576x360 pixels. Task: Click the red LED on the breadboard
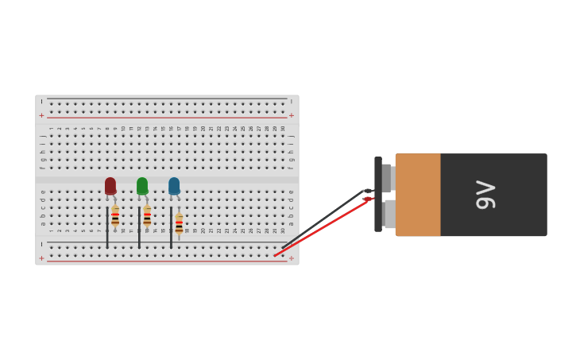[x=110, y=186]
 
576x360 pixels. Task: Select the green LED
[x=142, y=186]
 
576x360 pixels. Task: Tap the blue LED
[x=174, y=186]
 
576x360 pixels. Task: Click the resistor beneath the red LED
[x=115, y=216]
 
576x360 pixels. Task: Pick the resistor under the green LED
[x=147, y=216]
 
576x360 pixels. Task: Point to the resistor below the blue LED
[x=179, y=224]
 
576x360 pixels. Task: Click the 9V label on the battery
[x=485, y=195]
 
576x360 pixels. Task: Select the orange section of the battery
[x=418, y=195]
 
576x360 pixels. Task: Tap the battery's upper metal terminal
[x=386, y=178]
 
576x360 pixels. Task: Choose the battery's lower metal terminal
[x=389, y=214]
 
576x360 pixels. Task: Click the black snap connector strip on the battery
[x=378, y=194]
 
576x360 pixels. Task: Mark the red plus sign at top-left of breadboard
[x=41, y=116]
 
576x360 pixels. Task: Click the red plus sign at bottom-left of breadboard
[x=41, y=258]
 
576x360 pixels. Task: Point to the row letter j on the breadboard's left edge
[x=43, y=136]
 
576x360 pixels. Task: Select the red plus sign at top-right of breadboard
[x=292, y=116]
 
